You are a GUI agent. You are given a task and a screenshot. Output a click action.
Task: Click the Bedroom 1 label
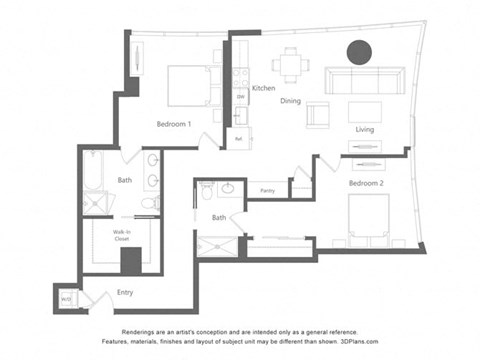click(x=175, y=124)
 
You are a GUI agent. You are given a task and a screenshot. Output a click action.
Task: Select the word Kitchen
click(x=263, y=88)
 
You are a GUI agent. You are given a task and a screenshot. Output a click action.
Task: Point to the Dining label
click(x=291, y=101)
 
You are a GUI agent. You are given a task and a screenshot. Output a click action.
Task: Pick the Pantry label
click(x=267, y=189)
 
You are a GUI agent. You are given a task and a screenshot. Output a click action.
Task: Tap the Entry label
click(x=124, y=293)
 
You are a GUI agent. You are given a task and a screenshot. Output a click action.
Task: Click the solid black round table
click(x=359, y=51)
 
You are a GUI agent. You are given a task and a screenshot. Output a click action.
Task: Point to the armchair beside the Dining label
click(x=318, y=113)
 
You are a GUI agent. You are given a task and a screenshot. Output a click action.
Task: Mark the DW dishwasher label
click(x=240, y=97)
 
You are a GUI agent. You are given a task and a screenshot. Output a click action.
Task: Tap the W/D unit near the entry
click(x=66, y=298)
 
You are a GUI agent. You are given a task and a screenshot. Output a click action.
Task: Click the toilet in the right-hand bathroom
click(x=207, y=187)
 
